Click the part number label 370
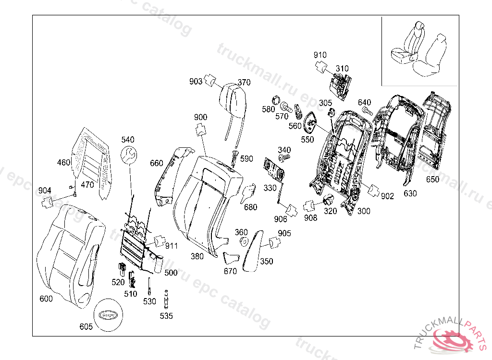tap(244, 83)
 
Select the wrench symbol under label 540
tap(129, 155)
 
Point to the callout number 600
tap(46, 299)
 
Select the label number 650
tap(433, 180)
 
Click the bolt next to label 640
tap(367, 111)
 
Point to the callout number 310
tap(342, 69)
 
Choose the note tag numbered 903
tap(210, 80)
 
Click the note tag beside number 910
tap(321, 66)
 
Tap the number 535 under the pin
tap(166, 316)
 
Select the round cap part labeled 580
tap(276, 100)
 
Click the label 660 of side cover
tap(157, 163)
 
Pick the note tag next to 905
tap(275, 243)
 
